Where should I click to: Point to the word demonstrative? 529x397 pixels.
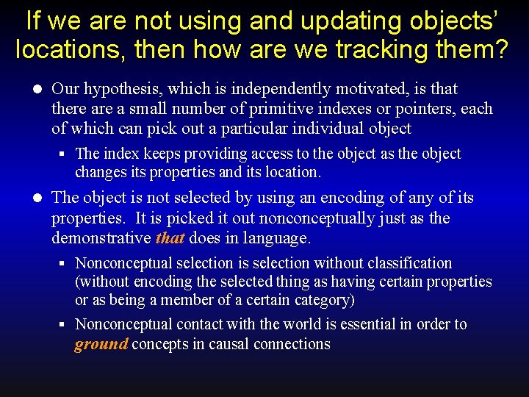click(x=101, y=238)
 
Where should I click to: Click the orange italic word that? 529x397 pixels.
click(x=170, y=238)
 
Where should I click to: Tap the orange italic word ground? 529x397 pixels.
click(x=101, y=344)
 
